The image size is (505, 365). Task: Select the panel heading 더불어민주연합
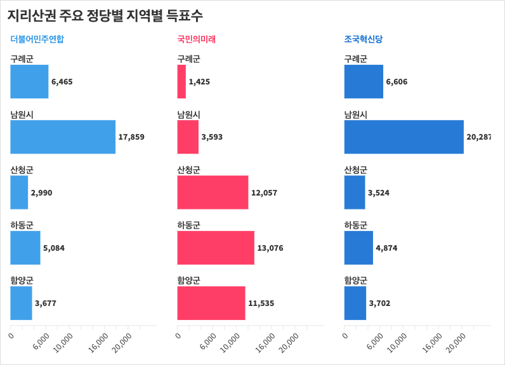click(37, 39)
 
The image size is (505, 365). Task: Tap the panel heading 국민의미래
click(197, 39)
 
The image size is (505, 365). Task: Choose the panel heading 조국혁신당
click(364, 39)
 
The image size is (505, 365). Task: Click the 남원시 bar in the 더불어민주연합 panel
click(63, 137)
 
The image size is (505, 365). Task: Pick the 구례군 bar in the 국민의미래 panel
click(181, 82)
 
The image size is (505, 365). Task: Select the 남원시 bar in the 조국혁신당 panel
click(403, 137)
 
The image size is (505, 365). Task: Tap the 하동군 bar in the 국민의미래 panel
click(216, 248)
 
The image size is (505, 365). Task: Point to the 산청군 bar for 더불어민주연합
click(19, 192)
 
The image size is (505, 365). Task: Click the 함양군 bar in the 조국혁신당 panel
click(355, 303)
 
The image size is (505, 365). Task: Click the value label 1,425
click(199, 82)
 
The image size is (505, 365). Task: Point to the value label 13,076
click(270, 248)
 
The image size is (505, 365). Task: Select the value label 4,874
click(386, 248)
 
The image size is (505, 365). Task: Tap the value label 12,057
click(265, 192)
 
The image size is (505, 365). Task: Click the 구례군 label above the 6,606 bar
click(355, 60)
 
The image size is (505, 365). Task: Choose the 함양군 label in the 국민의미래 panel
click(188, 281)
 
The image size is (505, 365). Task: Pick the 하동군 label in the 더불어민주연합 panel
click(22, 225)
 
